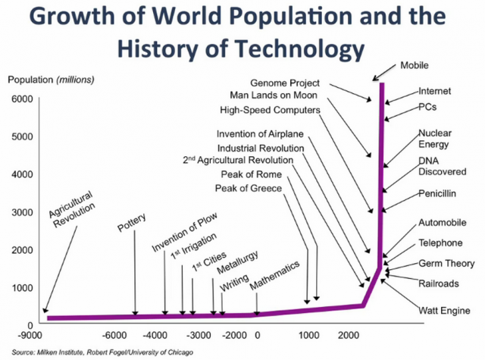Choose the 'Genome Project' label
click(285, 82)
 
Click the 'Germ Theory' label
click(446, 264)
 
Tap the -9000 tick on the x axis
click(31, 336)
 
